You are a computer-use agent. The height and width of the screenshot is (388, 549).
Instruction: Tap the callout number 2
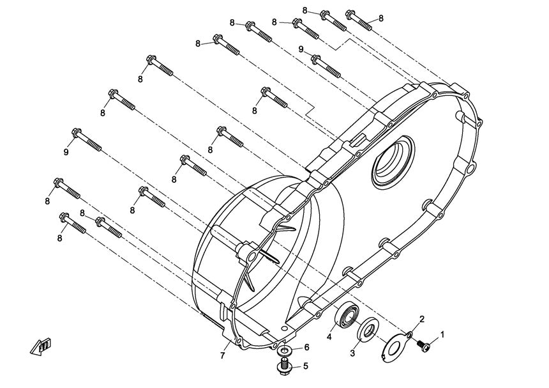[421, 318]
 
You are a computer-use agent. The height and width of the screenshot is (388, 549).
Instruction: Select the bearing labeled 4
[349, 315]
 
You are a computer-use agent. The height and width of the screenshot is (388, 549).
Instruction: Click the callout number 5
[306, 366]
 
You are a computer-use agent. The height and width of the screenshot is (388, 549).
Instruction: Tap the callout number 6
[306, 347]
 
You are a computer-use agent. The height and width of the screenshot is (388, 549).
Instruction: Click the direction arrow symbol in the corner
[39, 346]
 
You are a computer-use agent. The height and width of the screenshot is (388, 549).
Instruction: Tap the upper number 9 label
[301, 50]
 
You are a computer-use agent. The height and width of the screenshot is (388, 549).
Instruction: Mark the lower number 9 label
[66, 151]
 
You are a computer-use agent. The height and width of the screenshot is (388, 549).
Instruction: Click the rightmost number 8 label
[380, 18]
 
